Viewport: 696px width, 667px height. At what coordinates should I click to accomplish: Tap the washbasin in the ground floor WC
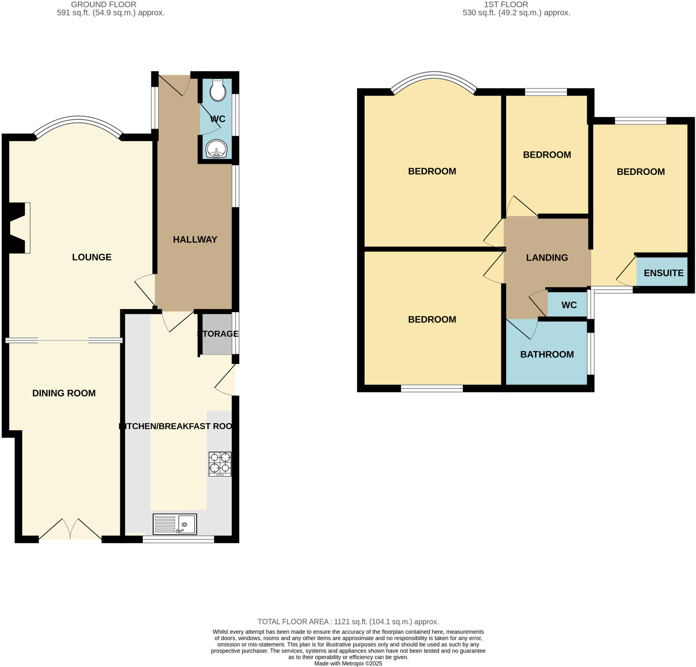pos(216,149)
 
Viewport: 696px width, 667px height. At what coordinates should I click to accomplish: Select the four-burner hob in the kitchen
pos(220,464)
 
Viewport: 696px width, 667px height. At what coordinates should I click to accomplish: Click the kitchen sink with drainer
pos(175,524)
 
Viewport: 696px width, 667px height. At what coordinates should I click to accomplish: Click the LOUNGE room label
pos(92,257)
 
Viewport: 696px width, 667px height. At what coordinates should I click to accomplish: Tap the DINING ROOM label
pos(64,393)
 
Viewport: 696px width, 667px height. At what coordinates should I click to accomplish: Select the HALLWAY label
pos(195,239)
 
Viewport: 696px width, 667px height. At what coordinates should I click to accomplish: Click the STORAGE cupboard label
pos(218,334)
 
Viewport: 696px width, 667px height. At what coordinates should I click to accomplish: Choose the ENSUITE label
pos(663,273)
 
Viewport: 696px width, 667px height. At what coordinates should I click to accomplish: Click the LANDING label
pos(547,257)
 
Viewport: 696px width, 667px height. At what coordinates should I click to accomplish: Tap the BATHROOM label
pos(547,354)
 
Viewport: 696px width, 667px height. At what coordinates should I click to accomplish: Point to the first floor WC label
pos(569,305)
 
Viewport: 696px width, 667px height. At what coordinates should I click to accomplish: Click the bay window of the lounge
pos(78,121)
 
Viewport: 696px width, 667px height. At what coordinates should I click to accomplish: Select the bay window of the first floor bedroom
pos(434,76)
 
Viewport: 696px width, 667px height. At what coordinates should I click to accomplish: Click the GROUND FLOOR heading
pos(104,5)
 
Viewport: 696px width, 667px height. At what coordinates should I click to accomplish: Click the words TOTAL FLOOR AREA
pos(293,621)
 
